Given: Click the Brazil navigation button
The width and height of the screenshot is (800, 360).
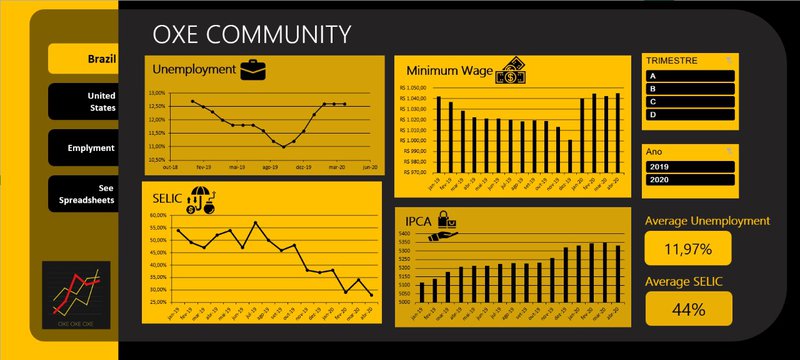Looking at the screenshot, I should pyautogui.click(x=84, y=59).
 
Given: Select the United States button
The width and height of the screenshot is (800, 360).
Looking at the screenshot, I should pyautogui.click(x=84, y=101).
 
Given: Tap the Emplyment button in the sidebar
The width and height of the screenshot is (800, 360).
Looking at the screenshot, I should pyautogui.click(x=84, y=148).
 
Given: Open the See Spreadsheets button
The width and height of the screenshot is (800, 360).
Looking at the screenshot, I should pyautogui.click(x=84, y=194).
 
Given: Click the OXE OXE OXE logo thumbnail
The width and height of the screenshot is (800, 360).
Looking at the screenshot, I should pyautogui.click(x=76, y=296).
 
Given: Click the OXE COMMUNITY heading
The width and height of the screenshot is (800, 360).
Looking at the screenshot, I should pyautogui.click(x=251, y=35).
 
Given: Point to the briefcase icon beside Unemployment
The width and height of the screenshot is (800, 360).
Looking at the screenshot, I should pyautogui.click(x=252, y=69).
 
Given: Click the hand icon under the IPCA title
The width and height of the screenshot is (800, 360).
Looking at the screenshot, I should pyautogui.click(x=442, y=231).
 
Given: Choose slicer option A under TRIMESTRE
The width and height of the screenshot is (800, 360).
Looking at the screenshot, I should pyautogui.click(x=691, y=76).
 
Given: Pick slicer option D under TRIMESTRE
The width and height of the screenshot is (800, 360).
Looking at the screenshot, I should pyautogui.click(x=691, y=115).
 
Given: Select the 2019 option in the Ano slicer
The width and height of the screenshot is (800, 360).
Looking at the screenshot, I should pyautogui.click(x=691, y=166).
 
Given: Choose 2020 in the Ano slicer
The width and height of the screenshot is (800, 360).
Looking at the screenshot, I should pyautogui.click(x=691, y=180).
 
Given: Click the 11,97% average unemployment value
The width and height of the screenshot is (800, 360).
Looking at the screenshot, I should pyautogui.click(x=687, y=248).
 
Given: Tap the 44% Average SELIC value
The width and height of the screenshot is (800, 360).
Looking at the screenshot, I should pyautogui.click(x=687, y=309).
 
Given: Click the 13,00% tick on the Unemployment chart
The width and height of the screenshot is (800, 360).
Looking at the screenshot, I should pyautogui.click(x=156, y=92).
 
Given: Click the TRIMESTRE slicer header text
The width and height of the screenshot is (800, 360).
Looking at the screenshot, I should pyautogui.click(x=672, y=61).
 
